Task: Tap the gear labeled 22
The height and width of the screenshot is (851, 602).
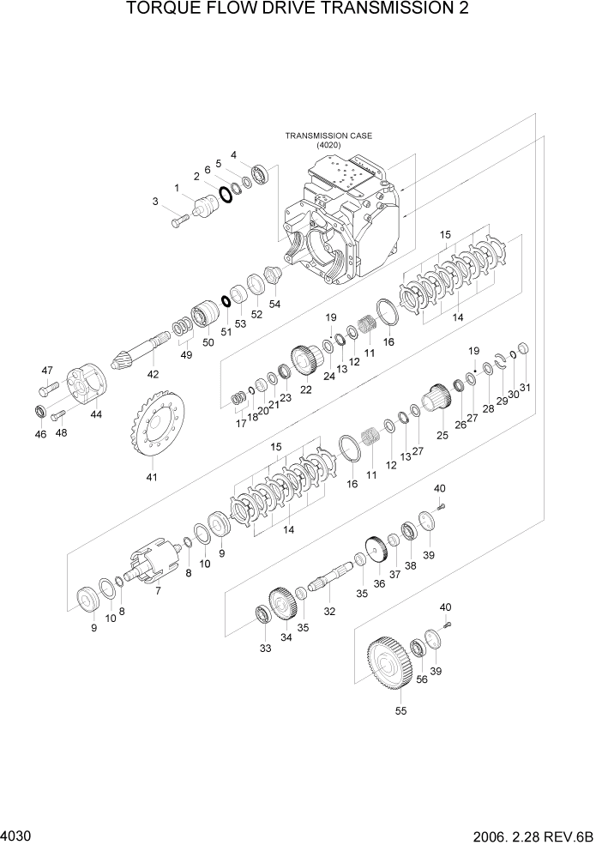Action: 304,359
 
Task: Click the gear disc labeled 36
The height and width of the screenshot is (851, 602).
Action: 374,550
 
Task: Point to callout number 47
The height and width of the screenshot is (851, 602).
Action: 46,370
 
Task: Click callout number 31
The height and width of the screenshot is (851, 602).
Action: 525,387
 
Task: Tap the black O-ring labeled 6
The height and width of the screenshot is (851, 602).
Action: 226,195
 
